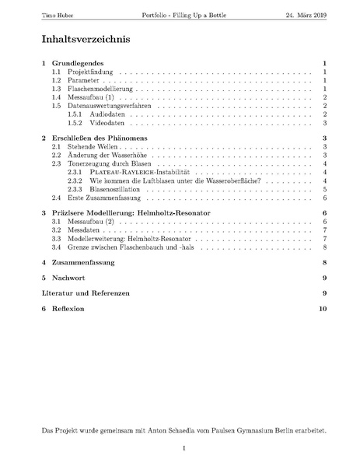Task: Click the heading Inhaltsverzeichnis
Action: [x=86, y=39]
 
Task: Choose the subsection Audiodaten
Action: [x=108, y=114]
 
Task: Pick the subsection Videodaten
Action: [x=108, y=123]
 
